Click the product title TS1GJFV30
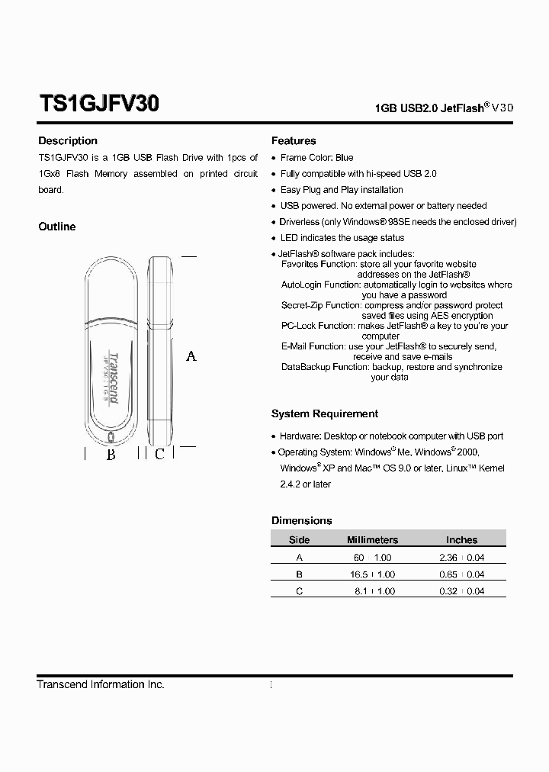tap(98, 104)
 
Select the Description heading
tap(68, 141)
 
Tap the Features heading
tap(294, 141)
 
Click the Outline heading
tap(57, 227)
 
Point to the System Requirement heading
tap(325, 414)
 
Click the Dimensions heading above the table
tap(302, 521)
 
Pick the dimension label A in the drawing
tap(191, 355)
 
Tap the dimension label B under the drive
tap(111, 455)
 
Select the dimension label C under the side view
tap(159, 455)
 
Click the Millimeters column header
tap(372, 540)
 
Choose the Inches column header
tap(461, 540)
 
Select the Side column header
tap(300, 540)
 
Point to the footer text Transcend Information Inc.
tap(101, 685)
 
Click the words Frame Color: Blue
tap(316, 158)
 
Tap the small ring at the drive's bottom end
tap(111, 438)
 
